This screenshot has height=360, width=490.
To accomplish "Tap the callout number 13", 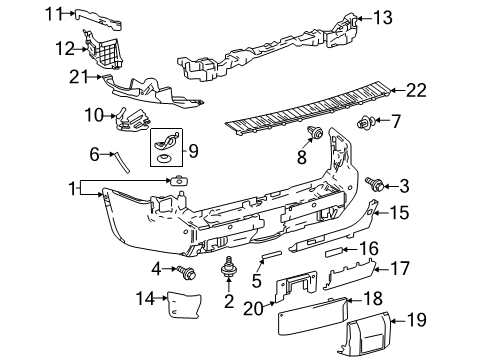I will point(383,16).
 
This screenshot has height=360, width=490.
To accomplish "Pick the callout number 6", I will point(95,154).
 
